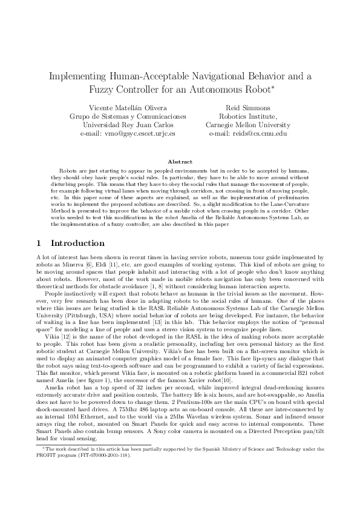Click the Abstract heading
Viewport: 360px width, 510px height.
(180, 162)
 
